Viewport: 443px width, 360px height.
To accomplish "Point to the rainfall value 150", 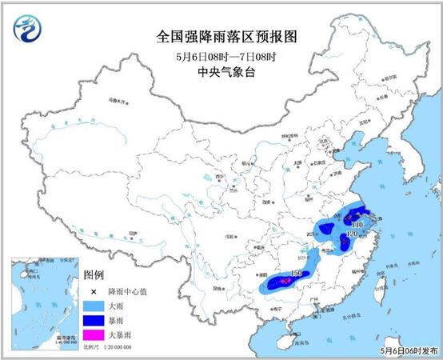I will click(297, 274).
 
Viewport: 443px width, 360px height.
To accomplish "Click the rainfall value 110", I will click(357, 226).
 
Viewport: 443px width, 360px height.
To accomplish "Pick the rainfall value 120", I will click(353, 235).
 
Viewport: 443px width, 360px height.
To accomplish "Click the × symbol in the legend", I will click(94, 290).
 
